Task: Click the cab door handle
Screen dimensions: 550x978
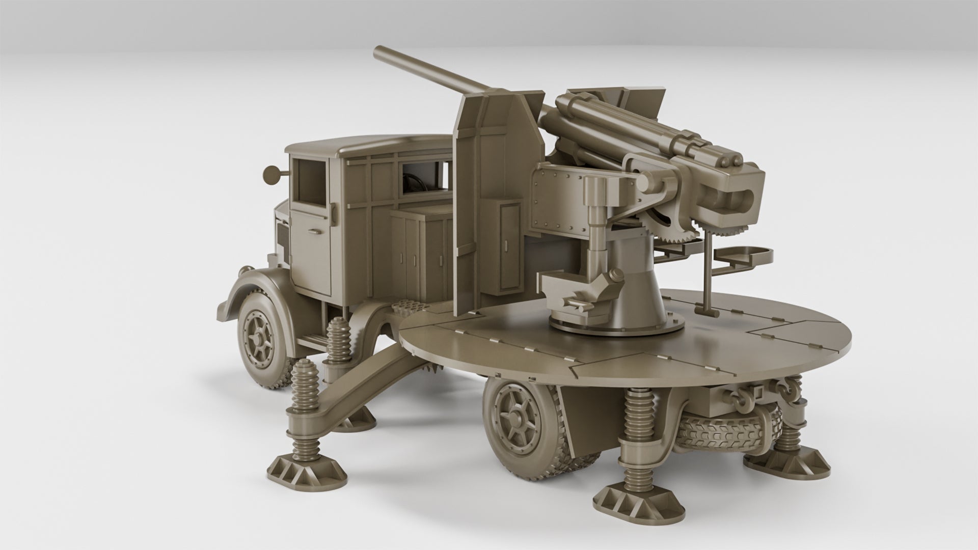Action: [x=315, y=232]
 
